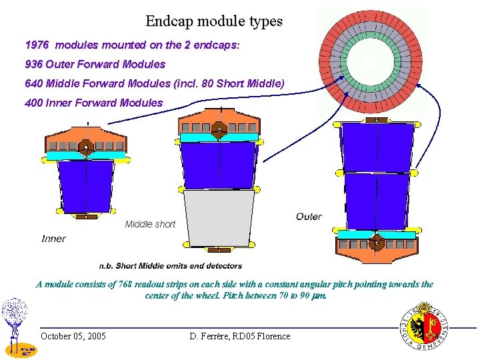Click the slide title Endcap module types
(x=214, y=21)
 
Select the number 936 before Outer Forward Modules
(x=33, y=65)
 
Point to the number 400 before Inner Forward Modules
(x=33, y=103)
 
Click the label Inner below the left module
(x=54, y=239)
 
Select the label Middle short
(x=150, y=225)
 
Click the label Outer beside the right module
(x=309, y=217)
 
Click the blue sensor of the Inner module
(x=85, y=187)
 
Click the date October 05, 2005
(x=73, y=336)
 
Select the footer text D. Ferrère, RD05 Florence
(x=240, y=336)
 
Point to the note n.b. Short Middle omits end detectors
(x=170, y=266)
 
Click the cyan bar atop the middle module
(x=218, y=137)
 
